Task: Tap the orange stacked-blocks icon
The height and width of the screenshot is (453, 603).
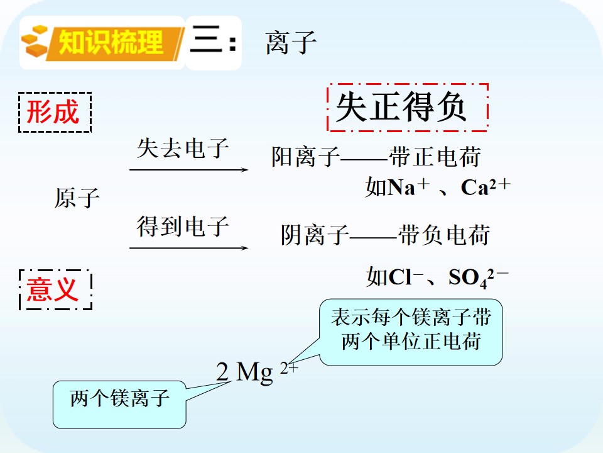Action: click(x=35, y=42)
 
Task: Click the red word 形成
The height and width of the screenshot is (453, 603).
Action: click(x=53, y=112)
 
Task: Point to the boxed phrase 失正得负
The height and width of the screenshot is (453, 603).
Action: click(x=401, y=107)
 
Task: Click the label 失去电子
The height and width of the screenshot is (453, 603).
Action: click(x=183, y=148)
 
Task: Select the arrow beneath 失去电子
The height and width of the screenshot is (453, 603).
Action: click(x=189, y=169)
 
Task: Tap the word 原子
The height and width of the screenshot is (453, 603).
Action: click(x=77, y=198)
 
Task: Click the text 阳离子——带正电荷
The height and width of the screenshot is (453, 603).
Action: click(x=376, y=157)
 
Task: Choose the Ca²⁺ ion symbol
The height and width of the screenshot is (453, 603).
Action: click(x=486, y=187)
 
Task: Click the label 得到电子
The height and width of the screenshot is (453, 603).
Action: click(x=183, y=226)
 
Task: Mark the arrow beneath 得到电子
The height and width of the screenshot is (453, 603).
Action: click(x=189, y=248)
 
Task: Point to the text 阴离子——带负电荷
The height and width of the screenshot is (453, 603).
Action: click(x=385, y=235)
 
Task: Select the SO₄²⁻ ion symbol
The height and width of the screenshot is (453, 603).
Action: click(x=479, y=277)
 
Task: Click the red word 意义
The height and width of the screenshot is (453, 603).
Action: click(x=53, y=289)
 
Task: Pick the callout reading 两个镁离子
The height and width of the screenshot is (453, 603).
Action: click(x=119, y=404)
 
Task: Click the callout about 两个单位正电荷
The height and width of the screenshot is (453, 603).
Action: click(x=411, y=332)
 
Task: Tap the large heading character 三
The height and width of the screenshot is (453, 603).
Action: click(x=206, y=38)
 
